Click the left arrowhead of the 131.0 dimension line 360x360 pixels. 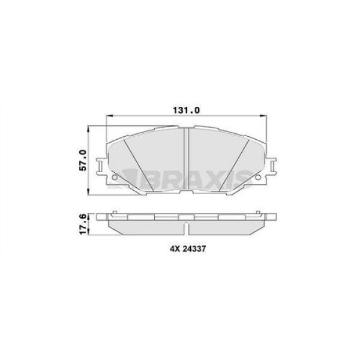[x=109, y=116]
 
